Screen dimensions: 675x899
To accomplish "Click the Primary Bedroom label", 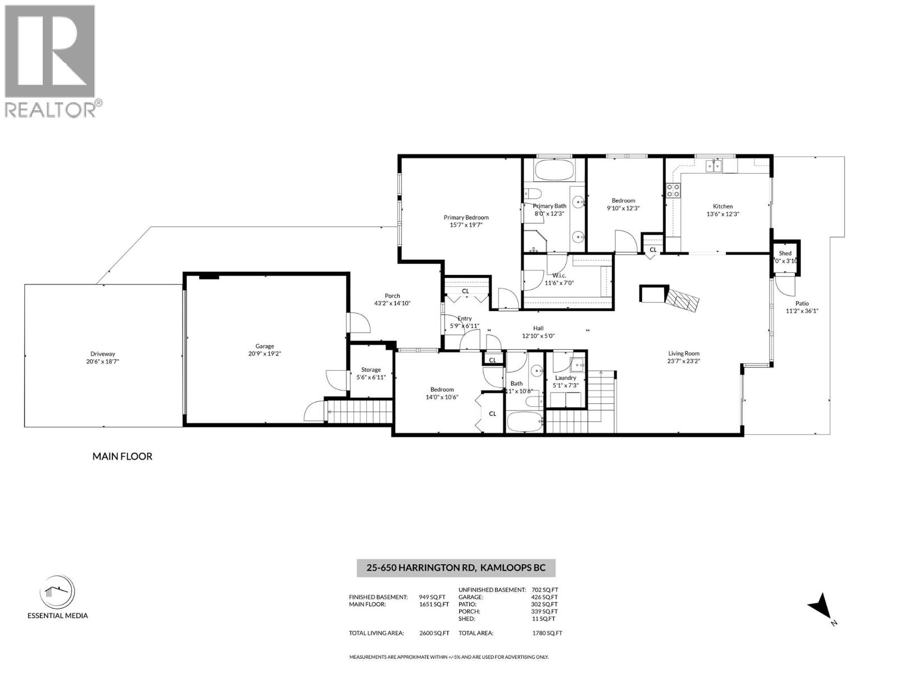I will [x=466, y=218].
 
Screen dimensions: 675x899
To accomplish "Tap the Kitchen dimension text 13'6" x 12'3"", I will [x=723, y=214].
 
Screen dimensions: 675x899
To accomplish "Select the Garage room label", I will [x=265, y=346].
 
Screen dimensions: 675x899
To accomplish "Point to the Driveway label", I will [x=102, y=354].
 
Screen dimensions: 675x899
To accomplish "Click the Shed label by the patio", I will [x=785, y=253].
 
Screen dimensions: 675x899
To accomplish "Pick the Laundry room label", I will [x=565, y=378].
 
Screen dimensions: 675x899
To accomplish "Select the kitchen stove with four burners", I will [x=673, y=190].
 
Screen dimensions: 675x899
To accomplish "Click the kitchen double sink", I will [x=714, y=165].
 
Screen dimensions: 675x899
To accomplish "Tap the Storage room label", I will [x=371, y=370].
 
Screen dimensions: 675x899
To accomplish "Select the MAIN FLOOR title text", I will [x=122, y=456].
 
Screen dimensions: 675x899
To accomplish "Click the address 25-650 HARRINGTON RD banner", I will [x=456, y=568].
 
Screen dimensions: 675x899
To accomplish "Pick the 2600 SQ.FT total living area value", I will [x=434, y=633].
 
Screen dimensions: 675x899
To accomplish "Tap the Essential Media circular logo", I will [x=57, y=592].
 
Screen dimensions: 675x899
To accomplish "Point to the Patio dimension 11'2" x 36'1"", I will [x=802, y=310].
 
